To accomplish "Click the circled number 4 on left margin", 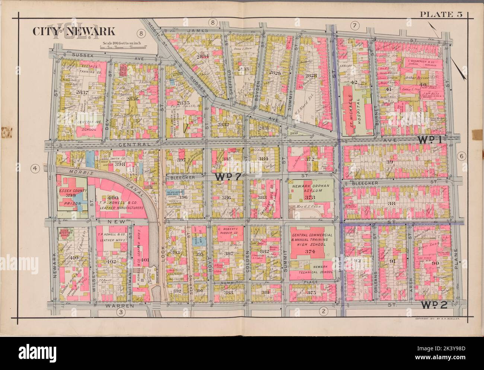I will pos(35,169).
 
